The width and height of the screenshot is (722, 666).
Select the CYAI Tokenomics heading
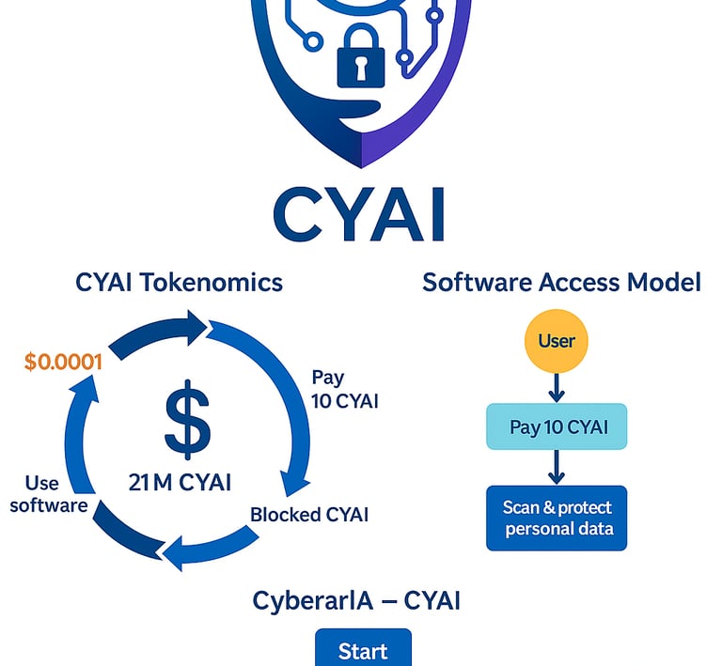[179, 282]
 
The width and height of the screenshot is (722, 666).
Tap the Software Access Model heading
[561, 282]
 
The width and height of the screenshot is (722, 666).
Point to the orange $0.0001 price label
[63, 362]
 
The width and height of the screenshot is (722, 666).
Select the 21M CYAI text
[180, 483]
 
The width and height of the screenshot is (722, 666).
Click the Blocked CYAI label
[309, 515]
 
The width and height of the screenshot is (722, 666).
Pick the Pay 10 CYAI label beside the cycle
[344, 389]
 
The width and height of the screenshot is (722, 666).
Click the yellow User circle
[557, 339]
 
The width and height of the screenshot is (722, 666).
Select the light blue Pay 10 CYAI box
[556, 427]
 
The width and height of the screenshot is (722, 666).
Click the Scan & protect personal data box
[557, 518]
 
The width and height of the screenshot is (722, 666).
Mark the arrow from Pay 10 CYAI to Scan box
[557, 467]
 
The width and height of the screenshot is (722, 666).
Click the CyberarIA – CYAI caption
[357, 600]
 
